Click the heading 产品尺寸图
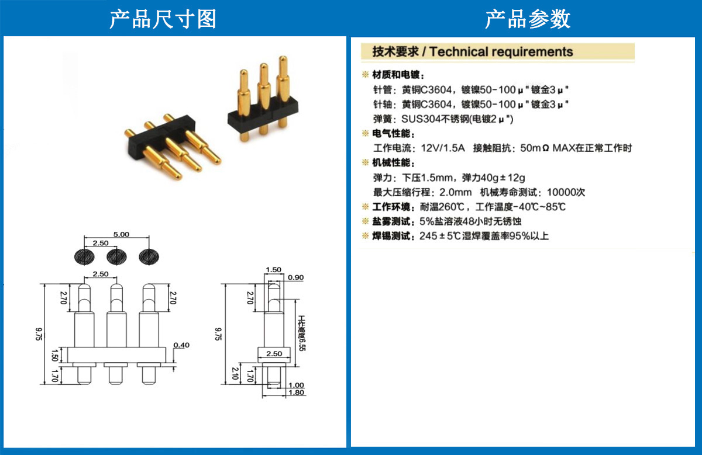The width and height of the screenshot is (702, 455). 163,19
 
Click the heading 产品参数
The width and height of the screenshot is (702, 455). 528,19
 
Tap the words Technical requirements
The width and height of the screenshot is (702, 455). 501,51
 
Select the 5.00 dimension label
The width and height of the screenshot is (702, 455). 121,234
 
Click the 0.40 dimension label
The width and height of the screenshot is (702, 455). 181,345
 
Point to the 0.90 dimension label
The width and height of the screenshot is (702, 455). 296,277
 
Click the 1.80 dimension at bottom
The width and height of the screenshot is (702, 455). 296,393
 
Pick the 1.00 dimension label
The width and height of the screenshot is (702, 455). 296,385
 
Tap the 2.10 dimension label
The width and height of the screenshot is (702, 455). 235,373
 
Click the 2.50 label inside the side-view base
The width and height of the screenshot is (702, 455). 274,354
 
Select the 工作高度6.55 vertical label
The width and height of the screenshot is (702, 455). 302,333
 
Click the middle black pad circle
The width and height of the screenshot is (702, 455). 116,257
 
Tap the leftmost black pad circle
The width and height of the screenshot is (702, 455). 84,257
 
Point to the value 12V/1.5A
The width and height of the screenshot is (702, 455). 442,148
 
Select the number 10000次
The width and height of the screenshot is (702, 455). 566,192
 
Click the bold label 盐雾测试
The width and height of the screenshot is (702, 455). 391,221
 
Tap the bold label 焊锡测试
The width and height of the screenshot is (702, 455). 391,236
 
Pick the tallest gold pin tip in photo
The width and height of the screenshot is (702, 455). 283,60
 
